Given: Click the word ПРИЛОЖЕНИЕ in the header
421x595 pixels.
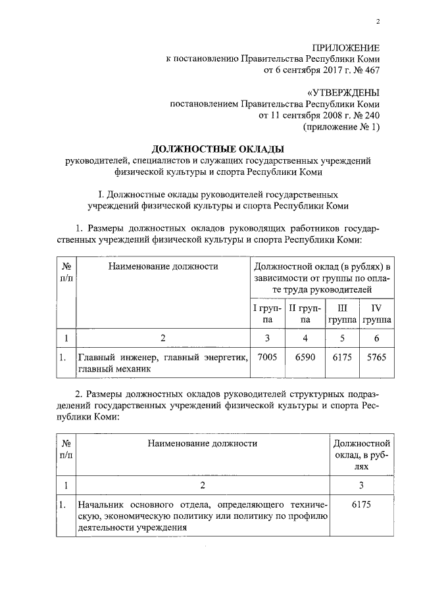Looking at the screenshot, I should point(346,47).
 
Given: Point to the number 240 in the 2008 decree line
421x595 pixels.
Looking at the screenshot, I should point(370,116).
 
